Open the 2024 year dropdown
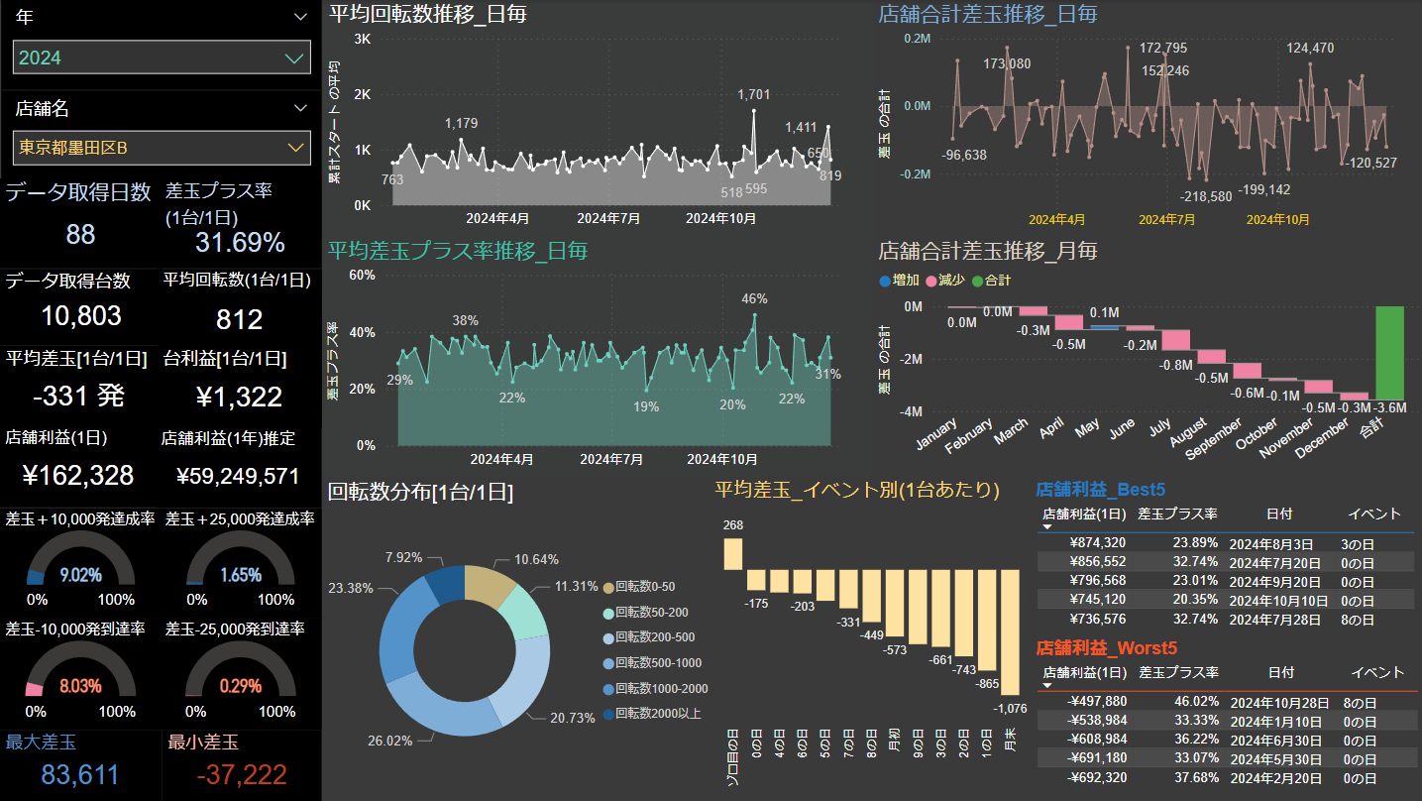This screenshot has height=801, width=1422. (162, 57)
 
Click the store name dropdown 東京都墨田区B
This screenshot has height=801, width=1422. (162, 148)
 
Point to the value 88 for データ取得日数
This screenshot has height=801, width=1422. (80, 235)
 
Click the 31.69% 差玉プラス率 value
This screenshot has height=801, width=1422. (240, 243)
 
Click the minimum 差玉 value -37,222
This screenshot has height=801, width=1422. (242, 775)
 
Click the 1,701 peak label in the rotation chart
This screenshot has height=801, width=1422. (753, 95)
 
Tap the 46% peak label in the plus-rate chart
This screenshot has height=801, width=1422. (754, 298)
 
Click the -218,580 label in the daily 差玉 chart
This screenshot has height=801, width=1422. (1212, 196)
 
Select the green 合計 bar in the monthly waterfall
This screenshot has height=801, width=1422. (1389, 352)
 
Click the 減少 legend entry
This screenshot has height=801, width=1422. (945, 281)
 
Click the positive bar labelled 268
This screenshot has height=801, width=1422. (733, 553)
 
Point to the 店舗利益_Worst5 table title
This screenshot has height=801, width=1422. (1107, 648)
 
